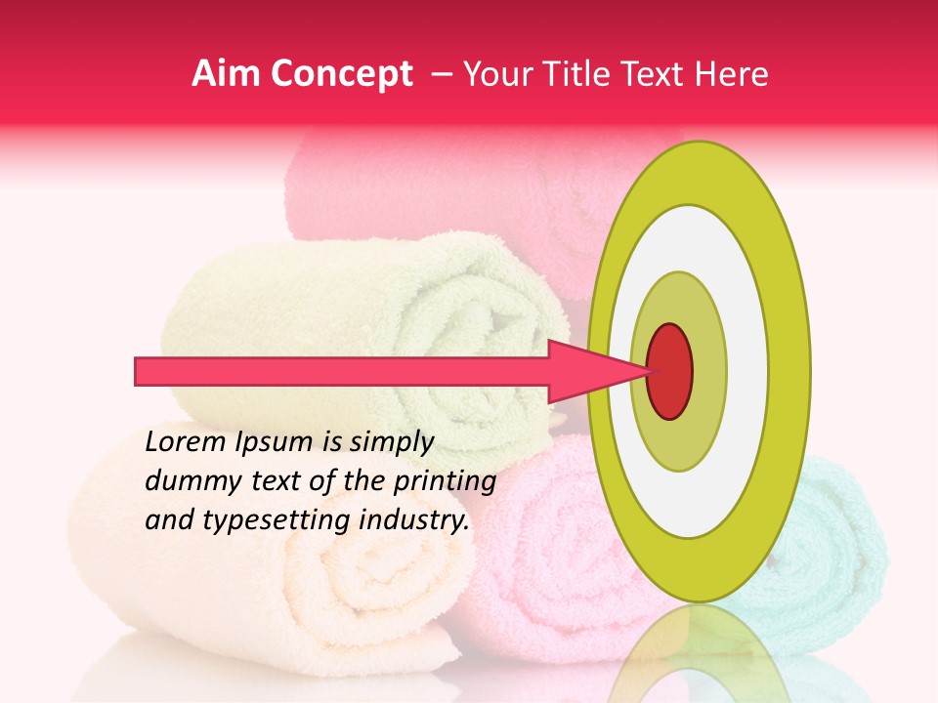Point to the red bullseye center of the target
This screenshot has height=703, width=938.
pos(669,370)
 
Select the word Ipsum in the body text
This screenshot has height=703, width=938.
pos(277,442)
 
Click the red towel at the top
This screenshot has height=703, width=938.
pos(440,186)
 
